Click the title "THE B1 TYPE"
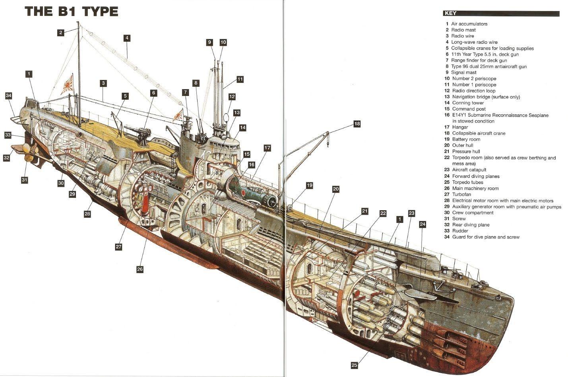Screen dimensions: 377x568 click(72, 11)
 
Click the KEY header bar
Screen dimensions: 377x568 click(501, 14)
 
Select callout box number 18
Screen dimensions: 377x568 click(357, 124)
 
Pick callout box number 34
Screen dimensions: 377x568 click(9, 96)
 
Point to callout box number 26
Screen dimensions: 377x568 click(140, 269)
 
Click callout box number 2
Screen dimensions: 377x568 click(60, 33)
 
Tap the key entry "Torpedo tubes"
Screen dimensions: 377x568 click(467, 182)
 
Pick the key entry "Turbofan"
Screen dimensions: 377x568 click(461, 194)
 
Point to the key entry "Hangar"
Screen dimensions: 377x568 click(460, 127)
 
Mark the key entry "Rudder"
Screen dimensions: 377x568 click(460, 231)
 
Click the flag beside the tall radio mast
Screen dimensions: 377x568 click(67, 84)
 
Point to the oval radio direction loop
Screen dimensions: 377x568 click(226, 119)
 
